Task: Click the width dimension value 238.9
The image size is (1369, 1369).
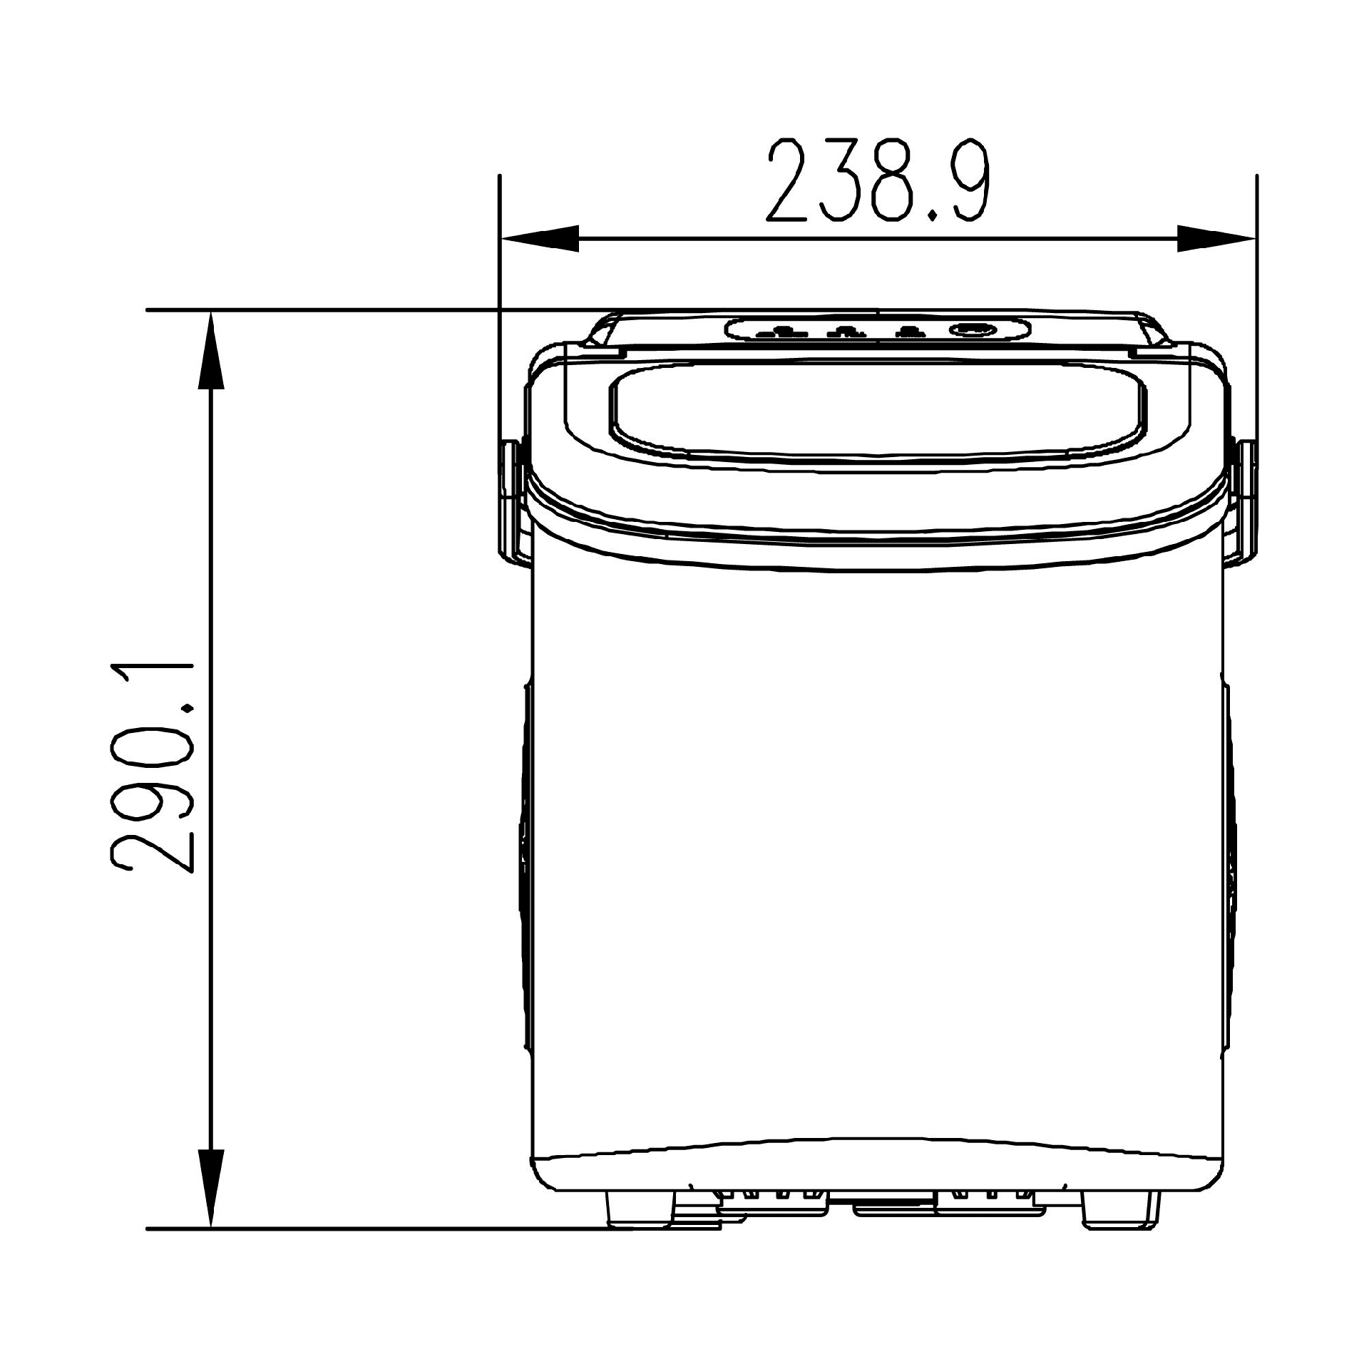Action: point(878,180)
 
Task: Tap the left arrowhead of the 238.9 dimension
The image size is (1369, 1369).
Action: point(540,238)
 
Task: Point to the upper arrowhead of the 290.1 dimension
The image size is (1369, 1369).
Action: point(211,349)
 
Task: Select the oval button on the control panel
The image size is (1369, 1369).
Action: point(973,329)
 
